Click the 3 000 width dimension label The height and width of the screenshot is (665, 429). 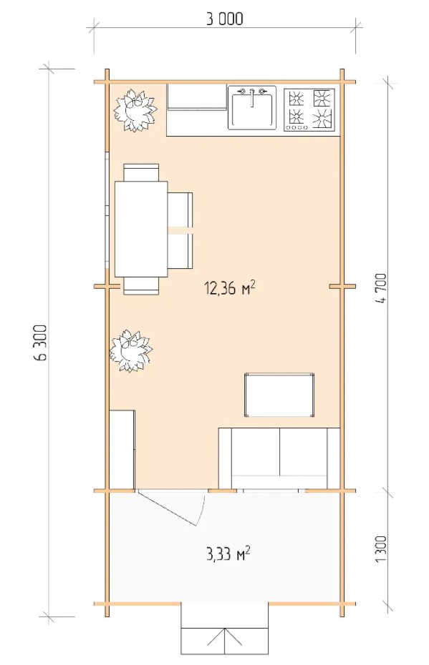(x=225, y=19)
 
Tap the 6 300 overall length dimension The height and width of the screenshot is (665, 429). (x=40, y=343)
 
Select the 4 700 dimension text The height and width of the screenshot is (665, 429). (x=381, y=288)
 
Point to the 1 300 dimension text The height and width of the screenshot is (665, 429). (x=381, y=548)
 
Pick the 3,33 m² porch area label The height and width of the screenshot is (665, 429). (x=228, y=553)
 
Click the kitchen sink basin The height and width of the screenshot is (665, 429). (x=252, y=108)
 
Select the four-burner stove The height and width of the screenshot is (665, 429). (x=309, y=109)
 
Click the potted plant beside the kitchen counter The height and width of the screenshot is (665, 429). (x=134, y=110)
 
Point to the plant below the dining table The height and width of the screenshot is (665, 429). (x=130, y=352)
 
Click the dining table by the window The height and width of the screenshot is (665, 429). (x=141, y=229)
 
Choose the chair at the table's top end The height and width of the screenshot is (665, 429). (x=141, y=172)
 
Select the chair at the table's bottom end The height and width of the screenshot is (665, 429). (x=141, y=286)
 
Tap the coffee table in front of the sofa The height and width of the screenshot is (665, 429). (x=279, y=395)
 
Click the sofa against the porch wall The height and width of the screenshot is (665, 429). (x=279, y=458)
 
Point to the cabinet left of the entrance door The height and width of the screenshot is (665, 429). (x=122, y=450)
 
